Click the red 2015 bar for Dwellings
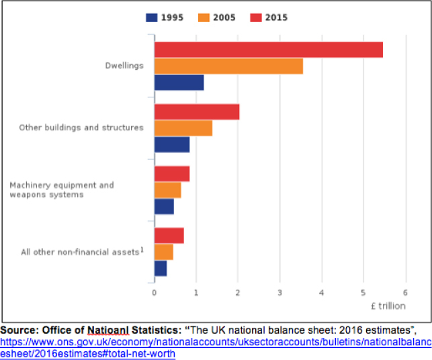click(x=269, y=50)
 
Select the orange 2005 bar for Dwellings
click(x=228, y=66)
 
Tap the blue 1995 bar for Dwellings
click(x=179, y=83)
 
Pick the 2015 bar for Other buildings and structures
click(x=197, y=112)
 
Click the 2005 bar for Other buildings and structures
click(x=183, y=128)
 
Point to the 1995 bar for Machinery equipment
click(x=164, y=207)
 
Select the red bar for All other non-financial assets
click(x=169, y=236)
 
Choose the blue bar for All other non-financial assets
click(x=161, y=269)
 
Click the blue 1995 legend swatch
click(x=152, y=17)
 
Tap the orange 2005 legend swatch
click(x=204, y=17)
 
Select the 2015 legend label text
click(x=276, y=17)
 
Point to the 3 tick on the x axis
click(x=280, y=293)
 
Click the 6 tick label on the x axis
click(x=405, y=293)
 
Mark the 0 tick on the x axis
click(x=155, y=293)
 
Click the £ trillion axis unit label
click(x=388, y=306)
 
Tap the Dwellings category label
click(x=124, y=66)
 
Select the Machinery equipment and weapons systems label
click(x=62, y=190)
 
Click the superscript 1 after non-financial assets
click(x=142, y=250)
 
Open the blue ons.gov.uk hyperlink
click(x=216, y=348)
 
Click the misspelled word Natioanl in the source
click(x=108, y=330)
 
